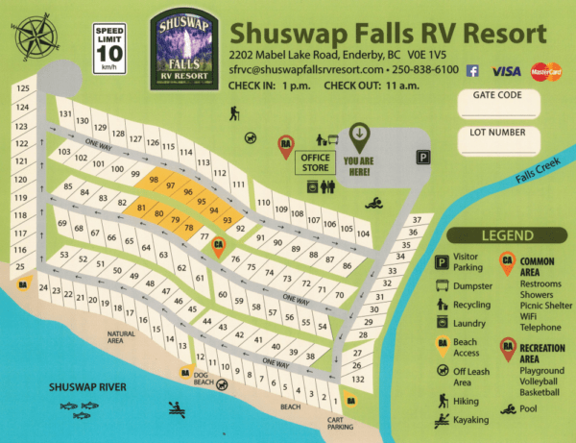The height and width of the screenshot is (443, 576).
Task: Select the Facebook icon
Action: coord(472,70)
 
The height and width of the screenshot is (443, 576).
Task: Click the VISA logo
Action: coord(506,70)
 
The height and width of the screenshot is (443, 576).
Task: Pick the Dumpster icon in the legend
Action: coord(443,285)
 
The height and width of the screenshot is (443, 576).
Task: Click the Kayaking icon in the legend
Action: coord(443,419)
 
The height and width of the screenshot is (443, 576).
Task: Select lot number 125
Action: coord(22,89)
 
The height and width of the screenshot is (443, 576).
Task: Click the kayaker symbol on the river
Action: coord(177,408)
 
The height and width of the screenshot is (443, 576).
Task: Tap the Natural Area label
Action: coord(123,337)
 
